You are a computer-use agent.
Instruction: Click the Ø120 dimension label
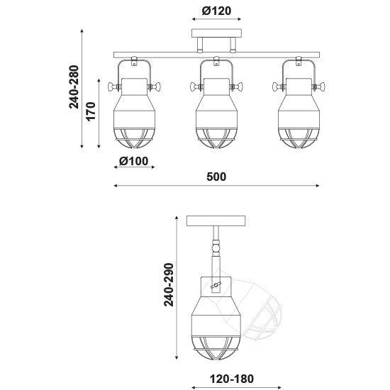point(216,11)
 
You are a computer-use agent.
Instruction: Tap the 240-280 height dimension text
point(74,87)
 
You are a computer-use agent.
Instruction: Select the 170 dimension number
point(91,111)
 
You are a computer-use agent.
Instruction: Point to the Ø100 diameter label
point(133,161)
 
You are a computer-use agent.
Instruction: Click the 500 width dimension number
point(216,177)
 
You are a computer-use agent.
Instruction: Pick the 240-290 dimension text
point(168,284)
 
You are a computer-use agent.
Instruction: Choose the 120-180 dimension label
point(232,379)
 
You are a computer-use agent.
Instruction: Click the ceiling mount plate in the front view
point(217,33)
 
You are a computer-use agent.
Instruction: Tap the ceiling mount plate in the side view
point(216,221)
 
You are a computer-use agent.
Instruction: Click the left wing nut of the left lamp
point(114,87)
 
